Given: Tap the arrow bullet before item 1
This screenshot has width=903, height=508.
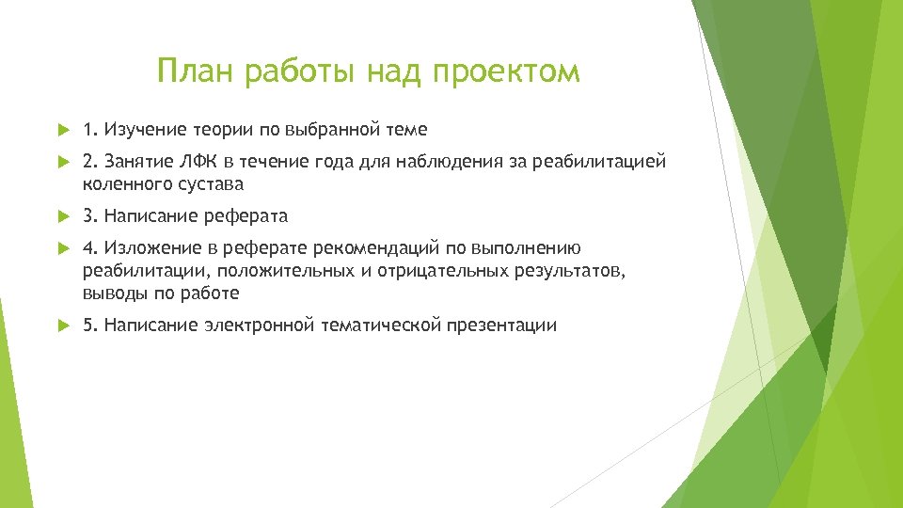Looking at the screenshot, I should [62, 128].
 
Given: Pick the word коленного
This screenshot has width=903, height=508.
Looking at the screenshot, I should [123, 184].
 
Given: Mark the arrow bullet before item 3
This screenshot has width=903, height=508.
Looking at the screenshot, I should [62, 216].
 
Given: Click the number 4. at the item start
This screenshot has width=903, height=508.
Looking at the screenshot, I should [90, 248].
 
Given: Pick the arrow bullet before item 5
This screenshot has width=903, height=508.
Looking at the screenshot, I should [62, 325].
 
